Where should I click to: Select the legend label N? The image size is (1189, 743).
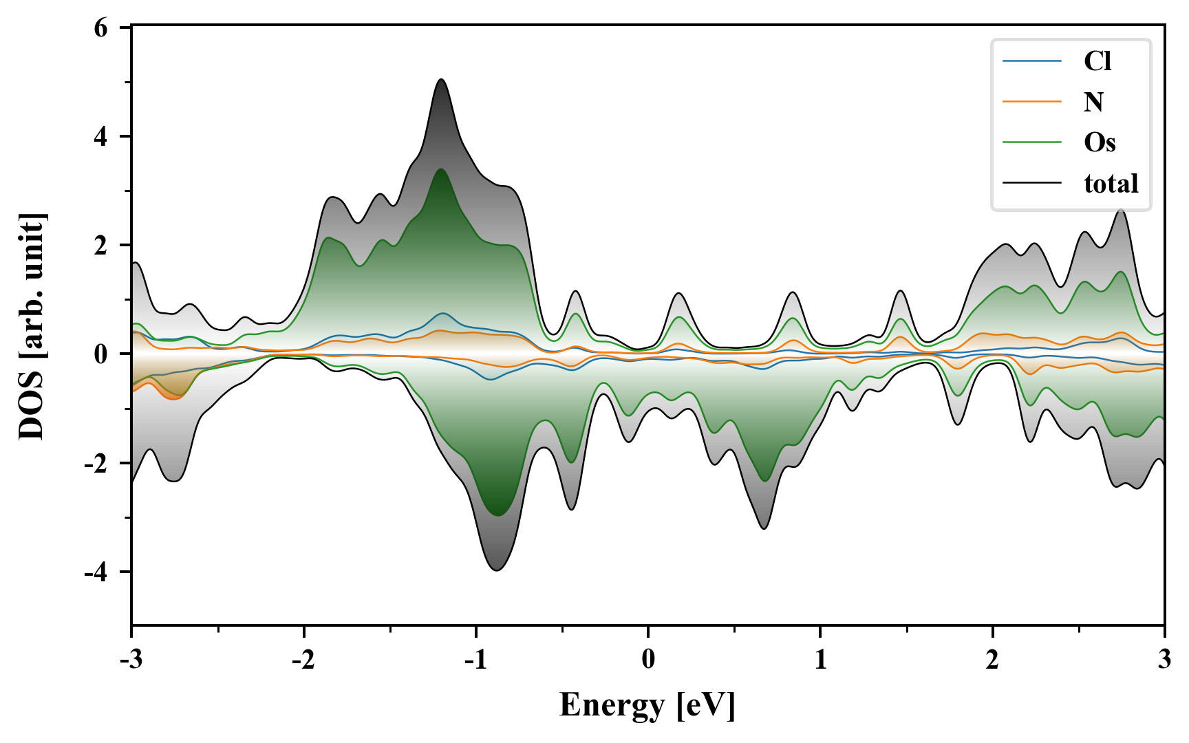pos(1093,102)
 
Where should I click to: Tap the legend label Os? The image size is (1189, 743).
pos(1099,142)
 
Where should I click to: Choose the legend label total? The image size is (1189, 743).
pos(1111,183)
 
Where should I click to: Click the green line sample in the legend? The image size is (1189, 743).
pos(1031,142)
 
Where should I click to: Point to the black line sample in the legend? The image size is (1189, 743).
pos(1031,183)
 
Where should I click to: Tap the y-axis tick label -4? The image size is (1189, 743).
pos(96,572)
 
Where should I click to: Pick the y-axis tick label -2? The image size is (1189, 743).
pos(96,463)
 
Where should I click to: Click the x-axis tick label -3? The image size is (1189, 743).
pos(131,659)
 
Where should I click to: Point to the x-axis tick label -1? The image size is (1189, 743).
pos(475,659)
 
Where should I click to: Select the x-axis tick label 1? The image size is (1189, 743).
pos(820,659)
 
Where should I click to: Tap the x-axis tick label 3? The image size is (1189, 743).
pos(1164,659)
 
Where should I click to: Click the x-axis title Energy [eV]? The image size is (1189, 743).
pos(647,706)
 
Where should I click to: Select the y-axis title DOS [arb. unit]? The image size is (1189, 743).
pos(32,326)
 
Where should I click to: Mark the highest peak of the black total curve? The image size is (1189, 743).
pos(441,80)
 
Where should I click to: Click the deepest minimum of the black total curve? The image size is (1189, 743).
pos(497,570)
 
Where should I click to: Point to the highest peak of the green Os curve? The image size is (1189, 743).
pos(440,169)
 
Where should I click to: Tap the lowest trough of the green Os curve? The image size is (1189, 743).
pos(497,515)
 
